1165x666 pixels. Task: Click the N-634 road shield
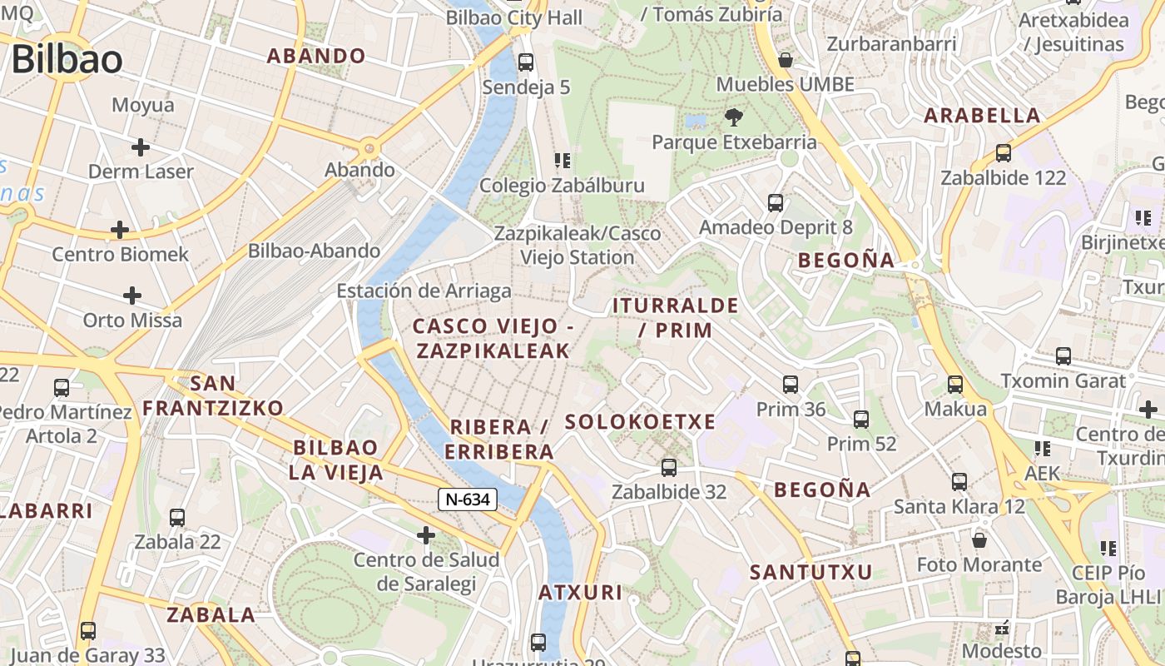(x=468, y=499)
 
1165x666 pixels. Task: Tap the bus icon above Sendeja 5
(x=525, y=62)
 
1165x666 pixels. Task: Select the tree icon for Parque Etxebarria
(x=733, y=117)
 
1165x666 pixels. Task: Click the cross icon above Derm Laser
(x=141, y=147)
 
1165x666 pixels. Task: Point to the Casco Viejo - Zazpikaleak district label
(x=493, y=339)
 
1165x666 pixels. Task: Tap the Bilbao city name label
(x=67, y=59)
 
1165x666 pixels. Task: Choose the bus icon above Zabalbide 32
(x=668, y=467)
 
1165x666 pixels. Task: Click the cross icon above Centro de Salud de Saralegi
(x=426, y=534)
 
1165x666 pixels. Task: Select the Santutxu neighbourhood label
(x=811, y=573)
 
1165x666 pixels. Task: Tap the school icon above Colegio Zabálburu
(x=562, y=160)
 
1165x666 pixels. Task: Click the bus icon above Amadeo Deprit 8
(x=776, y=202)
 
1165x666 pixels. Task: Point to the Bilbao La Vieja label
(x=336, y=460)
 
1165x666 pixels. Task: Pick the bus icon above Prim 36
(x=791, y=384)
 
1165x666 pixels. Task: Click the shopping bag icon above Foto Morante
(x=979, y=539)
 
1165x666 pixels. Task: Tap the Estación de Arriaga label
(x=424, y=291)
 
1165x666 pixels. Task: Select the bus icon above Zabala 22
(x=177, y=517)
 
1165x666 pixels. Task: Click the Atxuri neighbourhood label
(x=580, y=593)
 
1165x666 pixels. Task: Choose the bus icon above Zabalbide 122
(x=1003, y=153)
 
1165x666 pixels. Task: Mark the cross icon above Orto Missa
(x=131, y=296)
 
